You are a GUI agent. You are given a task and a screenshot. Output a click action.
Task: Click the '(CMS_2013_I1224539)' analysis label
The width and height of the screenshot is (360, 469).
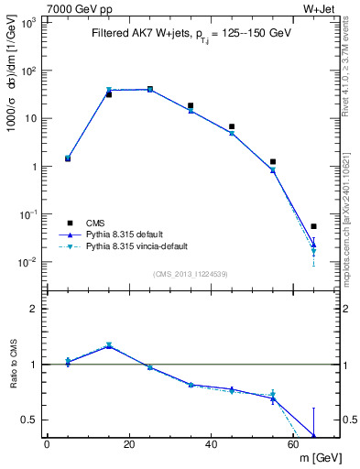click(x=190, y=274)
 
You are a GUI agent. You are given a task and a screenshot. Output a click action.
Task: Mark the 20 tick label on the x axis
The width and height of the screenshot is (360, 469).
click(x=129, y=445)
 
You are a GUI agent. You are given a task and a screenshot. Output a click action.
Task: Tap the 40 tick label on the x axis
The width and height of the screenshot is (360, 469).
click(x=212, y=445)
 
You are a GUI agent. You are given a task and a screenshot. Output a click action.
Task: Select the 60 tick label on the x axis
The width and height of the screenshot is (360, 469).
click(x=293, y=445)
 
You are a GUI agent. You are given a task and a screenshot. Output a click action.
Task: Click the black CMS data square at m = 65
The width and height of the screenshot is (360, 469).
click(x=313, y=226)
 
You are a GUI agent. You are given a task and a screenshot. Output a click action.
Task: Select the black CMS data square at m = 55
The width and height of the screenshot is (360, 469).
click(x=273, y=161)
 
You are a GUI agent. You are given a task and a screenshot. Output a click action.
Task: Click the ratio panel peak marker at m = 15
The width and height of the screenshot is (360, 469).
click(x=109, y=345)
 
